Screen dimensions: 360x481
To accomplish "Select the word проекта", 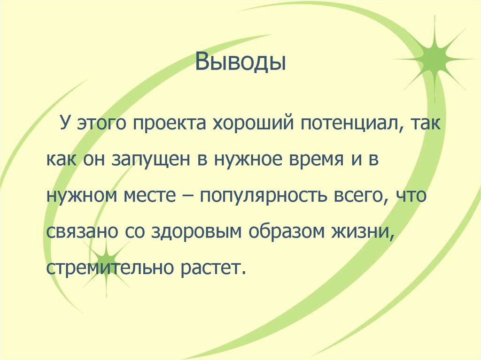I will click(172, 126).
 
